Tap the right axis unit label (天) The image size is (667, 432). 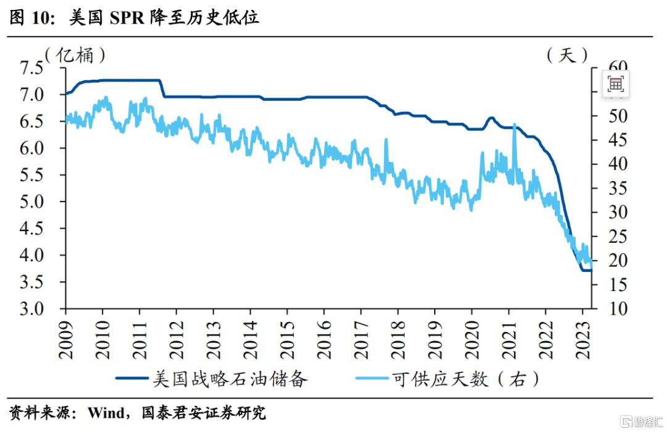pos(566,55)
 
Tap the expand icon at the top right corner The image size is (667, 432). pos(616,84)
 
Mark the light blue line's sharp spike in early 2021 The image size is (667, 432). pos(514,125)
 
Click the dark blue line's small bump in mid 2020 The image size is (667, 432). pos(492,118)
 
